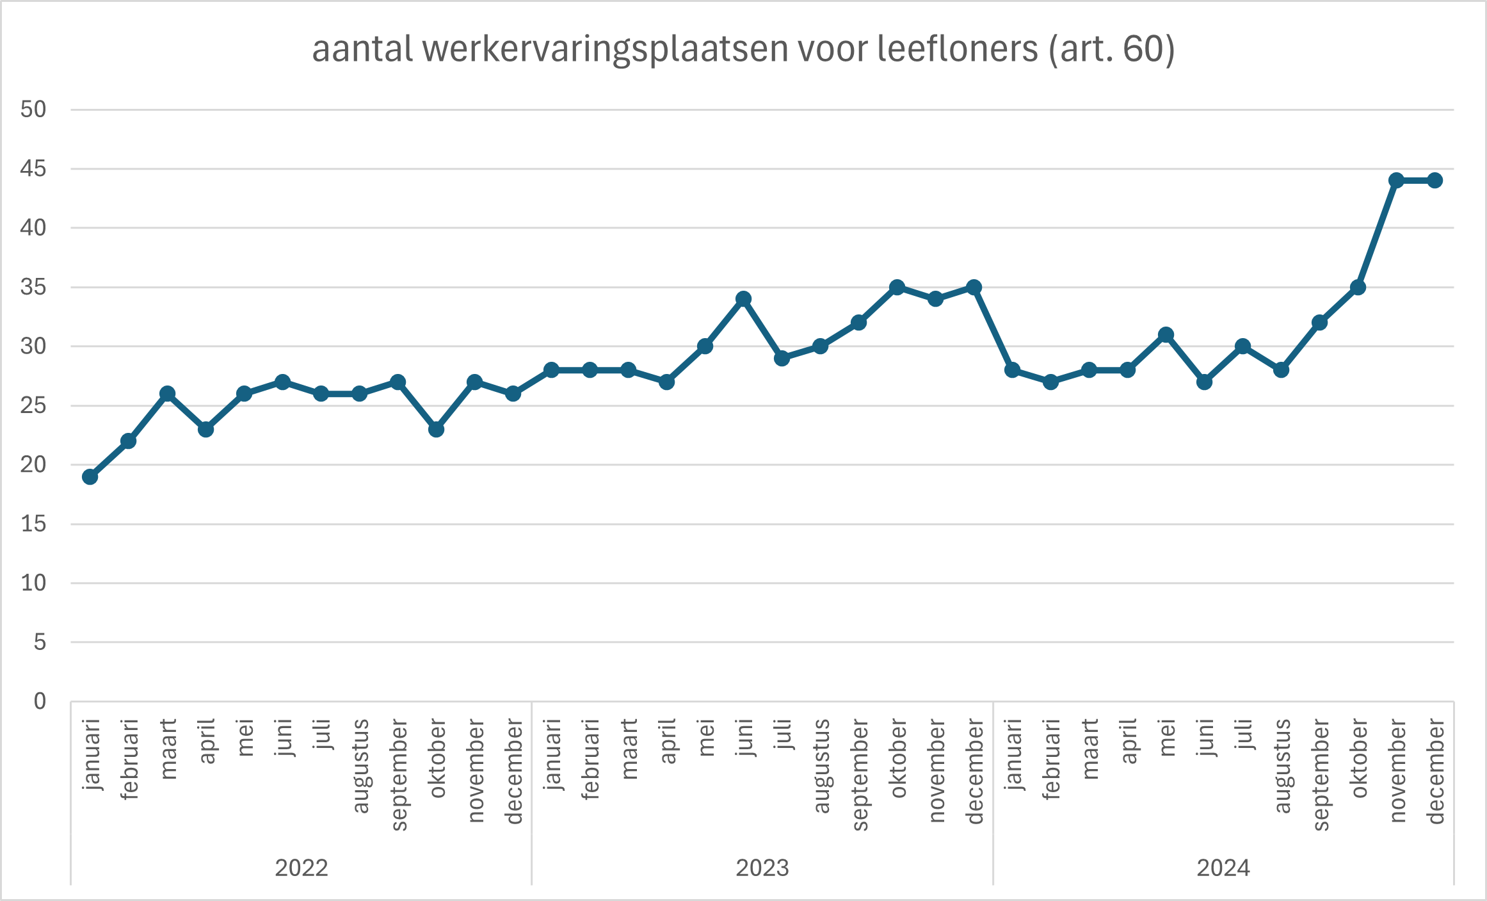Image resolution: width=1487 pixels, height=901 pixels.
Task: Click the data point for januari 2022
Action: click(90, 476)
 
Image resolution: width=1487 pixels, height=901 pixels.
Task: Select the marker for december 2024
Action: click(1435, 181)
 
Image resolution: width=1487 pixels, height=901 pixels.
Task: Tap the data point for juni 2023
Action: click(743, 299)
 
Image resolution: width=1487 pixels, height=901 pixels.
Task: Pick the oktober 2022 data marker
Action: click(436, 429)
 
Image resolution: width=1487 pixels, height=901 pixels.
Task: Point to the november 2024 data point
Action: click(1396, 181)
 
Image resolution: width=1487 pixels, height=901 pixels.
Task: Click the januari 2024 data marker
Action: click(1012, 370)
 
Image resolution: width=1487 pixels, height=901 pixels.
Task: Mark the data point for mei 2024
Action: click(1166, 335)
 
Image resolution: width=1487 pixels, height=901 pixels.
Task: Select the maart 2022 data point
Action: click(167, 394)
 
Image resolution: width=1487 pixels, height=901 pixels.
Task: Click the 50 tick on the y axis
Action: click(33, 110)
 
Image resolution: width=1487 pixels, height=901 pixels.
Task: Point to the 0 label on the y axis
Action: click(40, 701)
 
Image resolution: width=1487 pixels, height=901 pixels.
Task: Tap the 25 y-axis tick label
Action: click(33, 405)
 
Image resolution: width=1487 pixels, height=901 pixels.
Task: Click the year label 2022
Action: click(301, 868)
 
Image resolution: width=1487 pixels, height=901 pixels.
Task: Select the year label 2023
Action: click(762, 868)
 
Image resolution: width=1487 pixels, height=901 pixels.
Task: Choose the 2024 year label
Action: click(1223, 868)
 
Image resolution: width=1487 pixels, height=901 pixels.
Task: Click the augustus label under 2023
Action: click(821, 766)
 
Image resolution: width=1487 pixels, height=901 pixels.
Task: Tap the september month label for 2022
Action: click(399, 775)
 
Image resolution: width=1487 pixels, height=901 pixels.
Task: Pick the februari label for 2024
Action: click(1052, 759)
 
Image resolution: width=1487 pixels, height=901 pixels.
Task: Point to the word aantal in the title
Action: click(362, 49)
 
